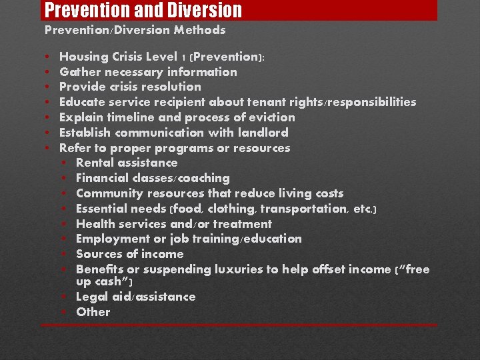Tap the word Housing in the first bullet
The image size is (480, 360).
[81, 57]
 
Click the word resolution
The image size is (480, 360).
[167, 87]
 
